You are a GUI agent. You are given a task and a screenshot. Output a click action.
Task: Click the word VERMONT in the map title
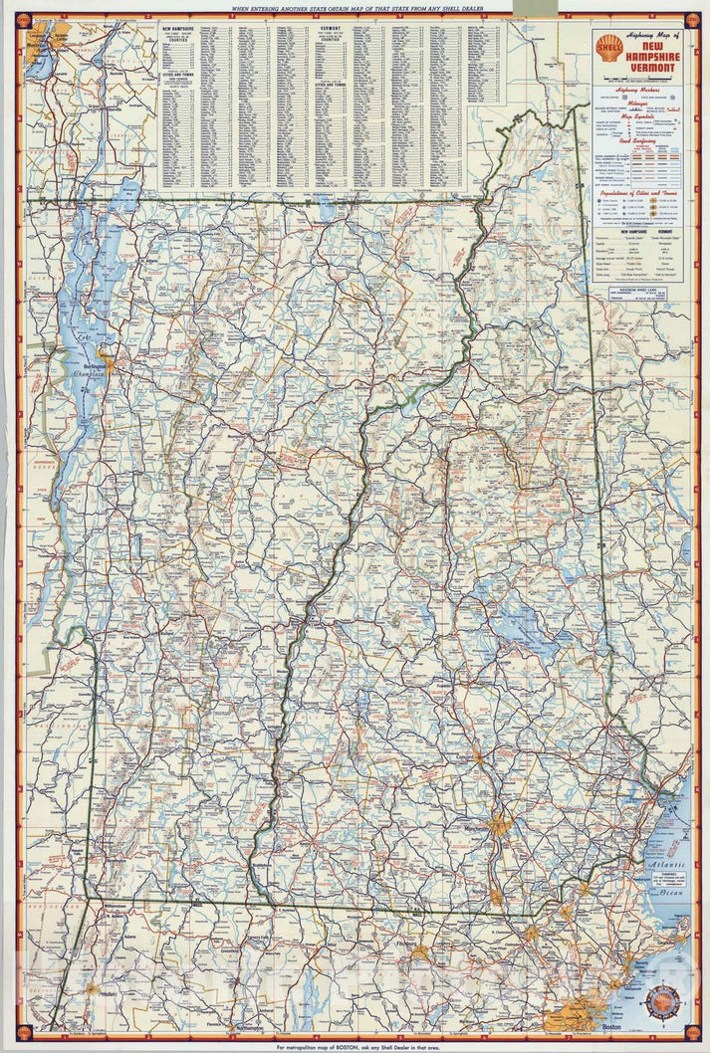click(651, 68)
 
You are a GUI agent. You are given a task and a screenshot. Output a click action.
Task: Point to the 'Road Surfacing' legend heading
click(638, 141)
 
